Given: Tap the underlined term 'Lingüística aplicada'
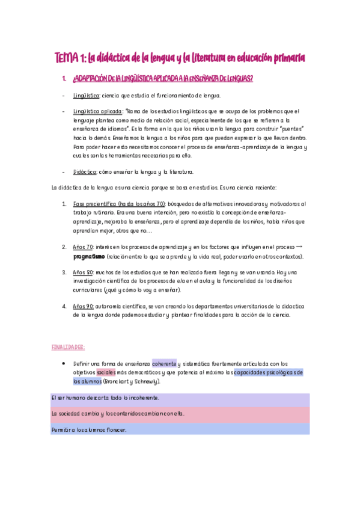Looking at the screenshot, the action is pyautogui.click(x=97, y=111).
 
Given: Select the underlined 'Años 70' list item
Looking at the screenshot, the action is pyautogui.click(x=83, y=247).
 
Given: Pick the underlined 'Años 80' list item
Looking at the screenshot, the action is pyautogui.click(x=83, y=272).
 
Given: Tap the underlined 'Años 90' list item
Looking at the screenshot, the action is pyautogui.click(x=83, y=306).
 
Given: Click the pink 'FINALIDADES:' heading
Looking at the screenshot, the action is pyautogui.click(x=69, y=347).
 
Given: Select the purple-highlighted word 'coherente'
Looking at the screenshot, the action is pyautogui.click(x=164, y=364).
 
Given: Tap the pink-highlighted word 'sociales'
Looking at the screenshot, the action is pyautogui.click(x=106, y=372).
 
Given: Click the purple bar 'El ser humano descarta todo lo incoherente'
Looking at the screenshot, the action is pyautogui.click(x=180, y=399).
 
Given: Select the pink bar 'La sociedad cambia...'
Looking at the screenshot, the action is pyautogui.click(x=180, y=414).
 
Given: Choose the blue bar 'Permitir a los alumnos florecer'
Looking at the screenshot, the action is pyautogui.click(x=180, y=429).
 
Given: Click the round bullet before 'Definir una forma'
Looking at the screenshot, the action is pyautogui.click(x=64, y=364).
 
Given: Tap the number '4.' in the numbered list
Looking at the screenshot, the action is pyautogui.click(x=64, y=306).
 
